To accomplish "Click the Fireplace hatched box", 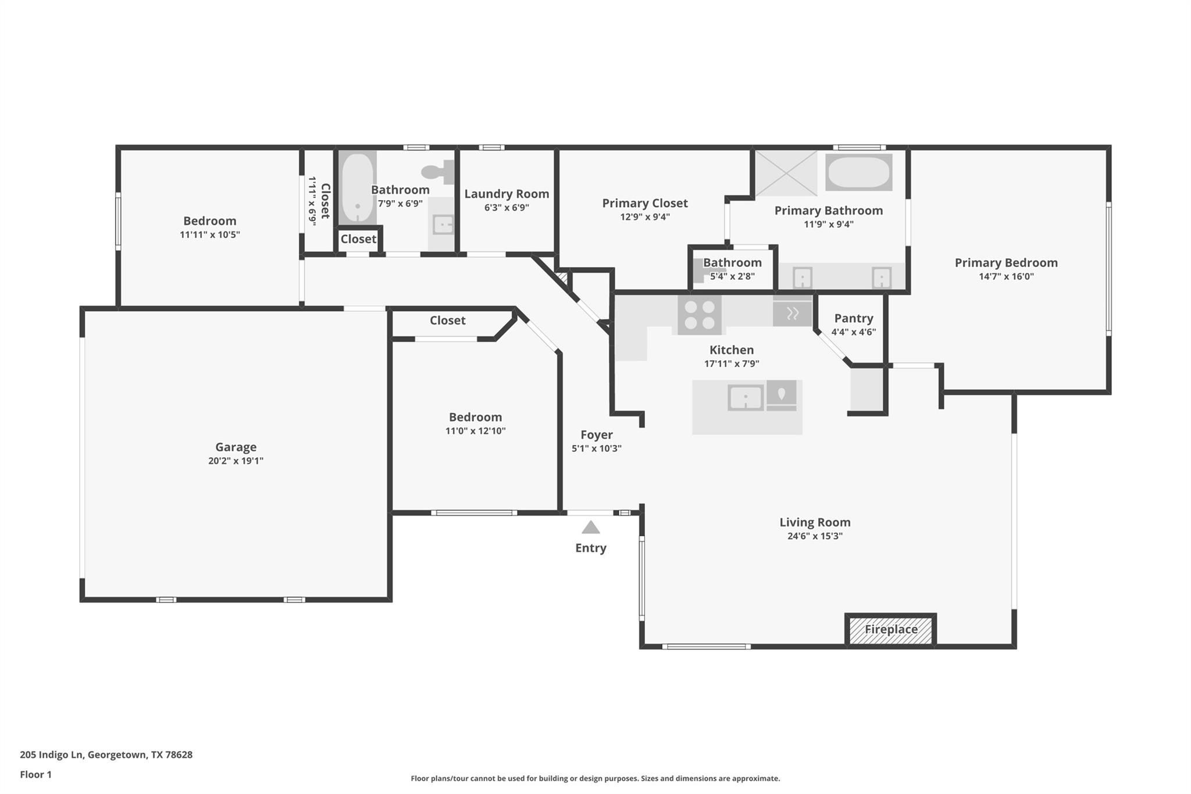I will click(x=890, y=630).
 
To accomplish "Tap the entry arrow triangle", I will click(x=591, y=528).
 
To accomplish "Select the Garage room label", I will click(x=236, y=447).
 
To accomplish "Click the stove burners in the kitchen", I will click(x=700, y=315).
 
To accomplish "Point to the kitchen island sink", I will click(x=746, y=398).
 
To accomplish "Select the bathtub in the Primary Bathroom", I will click(x=859, y=172).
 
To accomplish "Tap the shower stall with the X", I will click(x=786, y=173).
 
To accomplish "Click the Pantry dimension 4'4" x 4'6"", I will click(x=853, y=332).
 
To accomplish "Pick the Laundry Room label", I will click(x=507, y=194).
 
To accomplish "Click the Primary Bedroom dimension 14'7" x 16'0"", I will click(x=1006, y=276).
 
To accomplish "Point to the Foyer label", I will click(x=597, y=435).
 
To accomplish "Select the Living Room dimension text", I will click(x=815, y=536).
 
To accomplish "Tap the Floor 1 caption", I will click(x=35, y=774).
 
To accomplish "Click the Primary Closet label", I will click(x=644, y=203).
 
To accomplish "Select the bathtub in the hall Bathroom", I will click(x=357, y=187).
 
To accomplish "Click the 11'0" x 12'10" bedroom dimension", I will click(x=475, y=431).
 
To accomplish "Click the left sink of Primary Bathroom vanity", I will click(x=803, y=277).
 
